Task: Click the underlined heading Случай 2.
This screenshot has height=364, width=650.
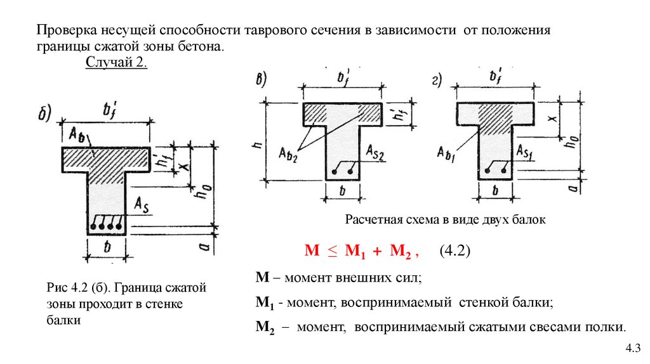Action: [x=116, y=62]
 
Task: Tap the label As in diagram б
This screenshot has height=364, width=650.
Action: [x=142, y=205]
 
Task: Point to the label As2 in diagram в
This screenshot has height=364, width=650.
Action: [x=375, y=152]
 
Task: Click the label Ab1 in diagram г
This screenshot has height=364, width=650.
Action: [x=446, y=154]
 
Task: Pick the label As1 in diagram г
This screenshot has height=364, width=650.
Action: [x=524, y=152]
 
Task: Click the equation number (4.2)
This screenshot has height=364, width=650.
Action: [x=454, y=250]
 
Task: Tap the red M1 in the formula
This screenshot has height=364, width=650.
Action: [x=355, y=251]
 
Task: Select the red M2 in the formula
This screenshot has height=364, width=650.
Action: [x=401, y=251]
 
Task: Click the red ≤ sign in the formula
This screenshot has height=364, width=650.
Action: [x=333, y=251]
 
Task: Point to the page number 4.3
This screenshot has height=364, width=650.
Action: [x=633, y=348]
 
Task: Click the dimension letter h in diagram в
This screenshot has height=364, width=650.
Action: [x=258, y=145]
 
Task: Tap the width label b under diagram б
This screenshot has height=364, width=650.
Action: [x=107, y=247]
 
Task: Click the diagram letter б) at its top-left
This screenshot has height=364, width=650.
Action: [x=44, y=113]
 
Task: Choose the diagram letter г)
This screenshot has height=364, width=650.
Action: [x=437, y=80]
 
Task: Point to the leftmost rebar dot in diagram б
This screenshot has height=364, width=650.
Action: [x=93, y=227]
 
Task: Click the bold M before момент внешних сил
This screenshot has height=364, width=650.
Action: [x=262, y=276]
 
